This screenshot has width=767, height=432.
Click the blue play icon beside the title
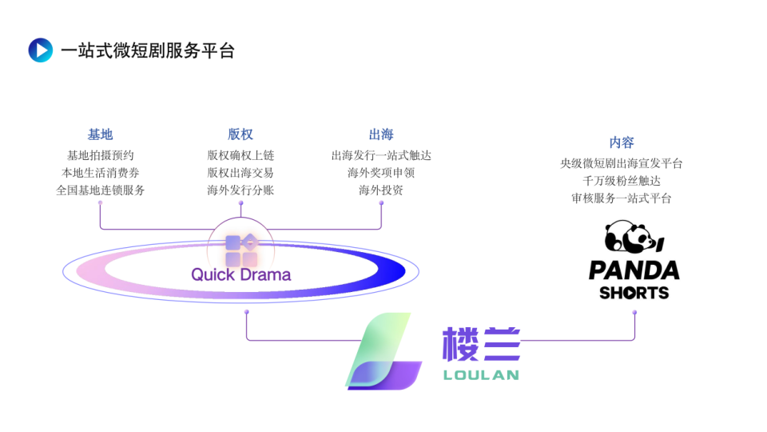40,50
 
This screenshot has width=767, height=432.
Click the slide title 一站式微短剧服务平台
148,50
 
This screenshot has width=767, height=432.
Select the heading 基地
100,134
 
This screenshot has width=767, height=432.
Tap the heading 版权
240,134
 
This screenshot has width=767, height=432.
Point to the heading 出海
381,134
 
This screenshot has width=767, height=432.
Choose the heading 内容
622,142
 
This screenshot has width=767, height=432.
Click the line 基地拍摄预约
100,155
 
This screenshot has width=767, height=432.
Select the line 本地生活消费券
100,173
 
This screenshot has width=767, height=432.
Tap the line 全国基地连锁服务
100,190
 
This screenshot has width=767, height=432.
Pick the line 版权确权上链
240,155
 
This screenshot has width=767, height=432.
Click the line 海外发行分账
240,190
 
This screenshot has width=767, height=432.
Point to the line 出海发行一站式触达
381,155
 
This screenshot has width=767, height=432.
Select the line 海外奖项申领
381,173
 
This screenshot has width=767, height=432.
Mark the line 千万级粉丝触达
622,181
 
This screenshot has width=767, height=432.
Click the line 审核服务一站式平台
622,198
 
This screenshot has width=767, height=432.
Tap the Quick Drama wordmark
240,275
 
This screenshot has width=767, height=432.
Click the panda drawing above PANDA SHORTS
634,238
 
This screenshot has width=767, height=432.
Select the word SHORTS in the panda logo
634,293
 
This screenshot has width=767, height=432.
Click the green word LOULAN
480,374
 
